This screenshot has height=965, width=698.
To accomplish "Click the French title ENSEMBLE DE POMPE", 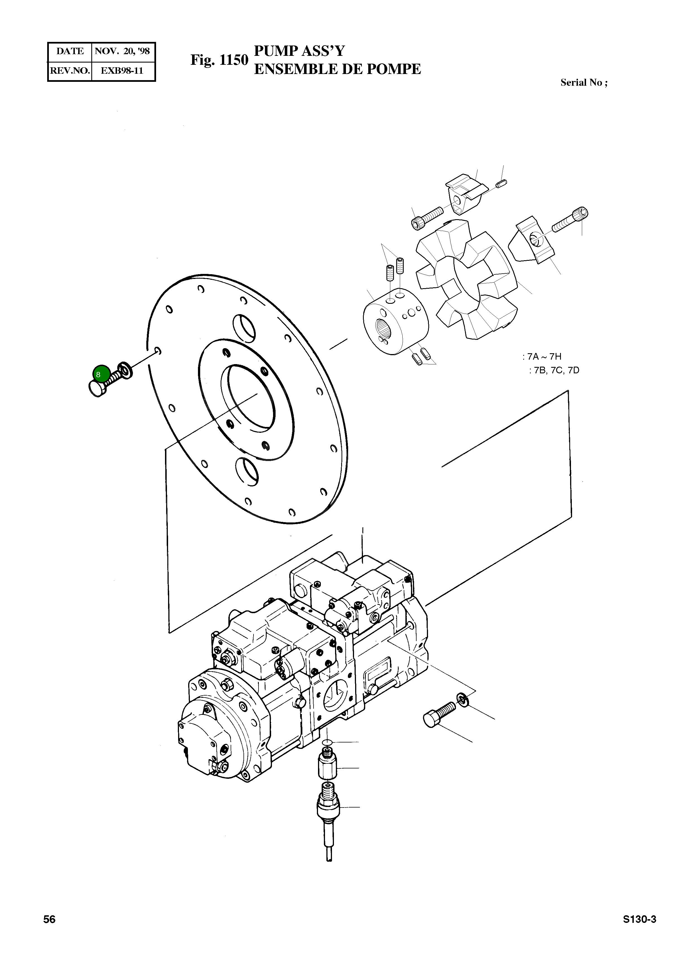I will tap(337, 69).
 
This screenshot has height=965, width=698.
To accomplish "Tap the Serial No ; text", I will tap(584, 83).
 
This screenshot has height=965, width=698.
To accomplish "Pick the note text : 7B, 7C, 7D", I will tap(554, 370).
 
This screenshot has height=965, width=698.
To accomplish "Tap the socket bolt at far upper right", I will tap(570, 219).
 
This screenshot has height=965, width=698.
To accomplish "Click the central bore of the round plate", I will tap(251, 398).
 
